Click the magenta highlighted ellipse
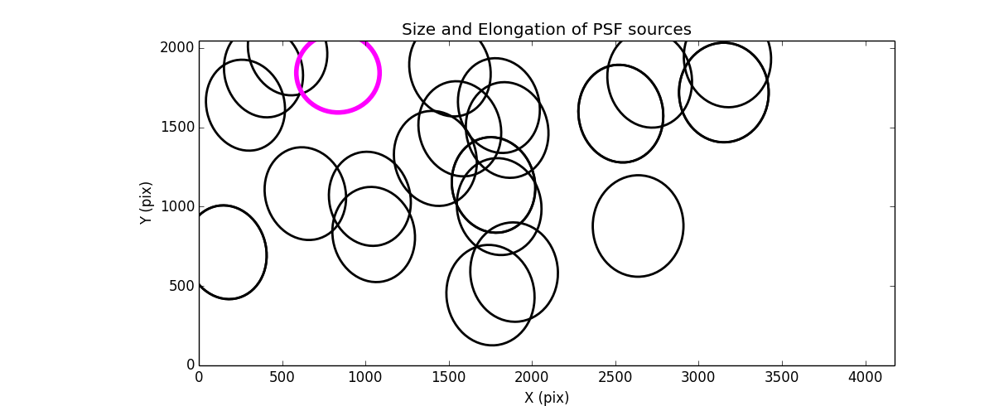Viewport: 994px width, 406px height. [x=337, y=73]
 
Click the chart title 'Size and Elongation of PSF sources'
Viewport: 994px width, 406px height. [x=546, y=30]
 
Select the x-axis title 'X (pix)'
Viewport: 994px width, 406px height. [x=546, y=398]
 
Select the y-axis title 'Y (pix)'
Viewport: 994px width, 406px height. [x=147, y=203]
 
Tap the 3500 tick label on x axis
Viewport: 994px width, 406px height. [x=782, y=377]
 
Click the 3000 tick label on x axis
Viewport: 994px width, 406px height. [x=698, y=377]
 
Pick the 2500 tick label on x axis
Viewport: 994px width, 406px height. [x=615, y=377]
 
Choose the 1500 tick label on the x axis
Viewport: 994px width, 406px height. [x=449, y=377]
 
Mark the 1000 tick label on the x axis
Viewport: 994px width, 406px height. [x=365, y=377]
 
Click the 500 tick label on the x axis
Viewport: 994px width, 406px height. [x=282, y=377]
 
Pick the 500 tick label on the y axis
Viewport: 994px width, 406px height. [x=181, y=286]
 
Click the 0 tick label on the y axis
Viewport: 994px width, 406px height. [x=190, y=365]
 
